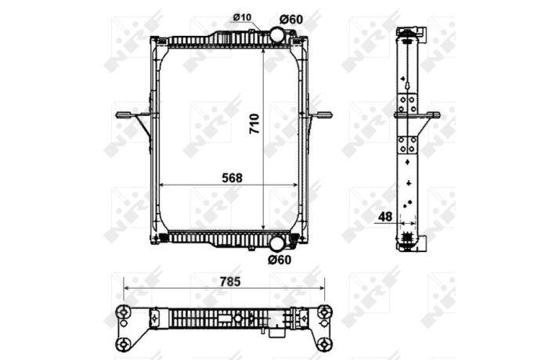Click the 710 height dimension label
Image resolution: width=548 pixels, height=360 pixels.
click(254, 124)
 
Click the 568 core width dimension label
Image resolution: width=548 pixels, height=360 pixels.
click(232, 178)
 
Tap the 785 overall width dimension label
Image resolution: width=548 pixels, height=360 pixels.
click(230, 281)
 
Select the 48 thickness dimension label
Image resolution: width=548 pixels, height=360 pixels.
click(385, 217)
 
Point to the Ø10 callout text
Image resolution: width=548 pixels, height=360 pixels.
click(242, 17)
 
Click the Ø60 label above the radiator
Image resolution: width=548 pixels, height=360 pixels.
click(291, 20)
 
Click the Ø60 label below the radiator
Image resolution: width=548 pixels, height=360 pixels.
click(279, 260)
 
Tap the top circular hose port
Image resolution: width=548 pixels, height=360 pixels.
click(277, 34)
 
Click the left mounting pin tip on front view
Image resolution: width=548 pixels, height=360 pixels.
click(117, 114)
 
